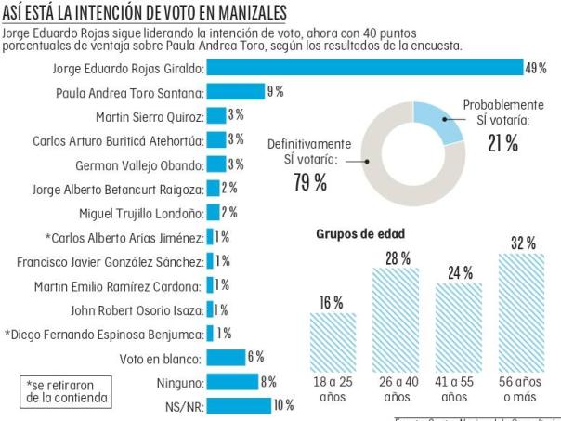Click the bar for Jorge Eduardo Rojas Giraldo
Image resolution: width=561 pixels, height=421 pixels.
364,67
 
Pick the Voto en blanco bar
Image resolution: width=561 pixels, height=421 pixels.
225,357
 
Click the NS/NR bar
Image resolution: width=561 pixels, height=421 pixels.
238,405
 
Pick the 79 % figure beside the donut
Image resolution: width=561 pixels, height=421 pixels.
309,182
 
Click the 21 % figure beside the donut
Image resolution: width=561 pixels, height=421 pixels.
502,142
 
